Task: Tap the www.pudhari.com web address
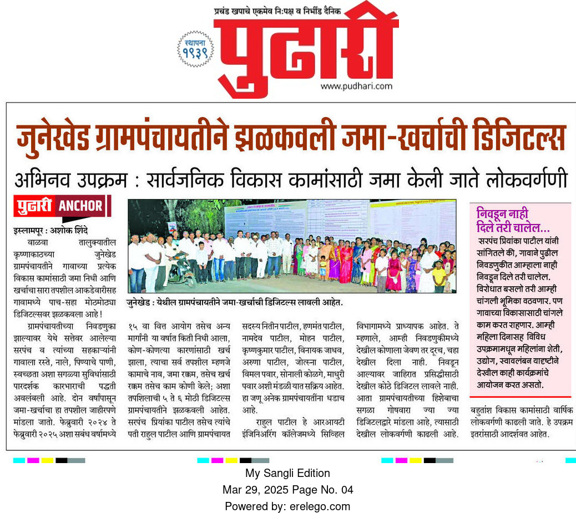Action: click(356, 86)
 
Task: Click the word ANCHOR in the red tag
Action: click(81, 206)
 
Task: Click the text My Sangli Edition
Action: click(287, 473)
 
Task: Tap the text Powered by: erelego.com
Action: click(287, 506)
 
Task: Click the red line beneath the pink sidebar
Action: click(519, 397)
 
